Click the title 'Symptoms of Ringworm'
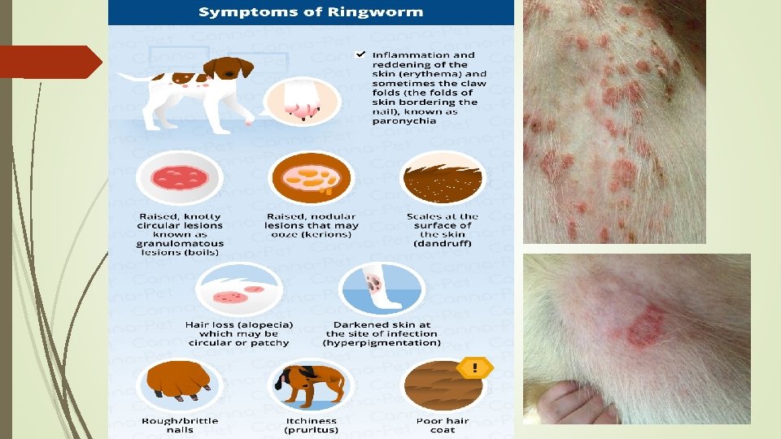(311, 11)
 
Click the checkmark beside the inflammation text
(359, 54)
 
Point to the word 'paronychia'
(404, 121)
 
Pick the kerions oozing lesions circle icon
(311, 178)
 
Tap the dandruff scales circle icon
(443, 178)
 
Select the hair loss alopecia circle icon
(238, 288)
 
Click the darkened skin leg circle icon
(381, 288)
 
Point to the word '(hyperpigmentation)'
(382, 342)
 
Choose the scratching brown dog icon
(311, 386)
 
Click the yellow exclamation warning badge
(474, 368)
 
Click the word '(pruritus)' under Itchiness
(311, 429)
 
